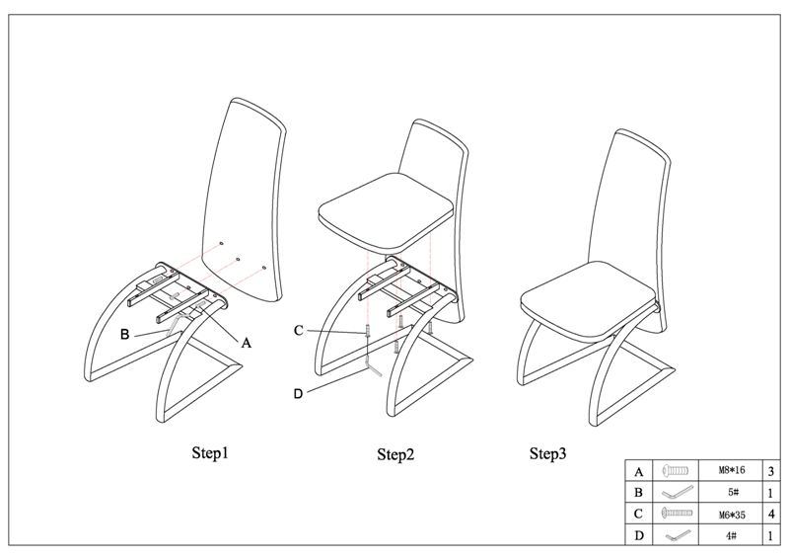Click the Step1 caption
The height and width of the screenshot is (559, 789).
tap(210, 453)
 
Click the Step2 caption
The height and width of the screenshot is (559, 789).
tap(396, 454)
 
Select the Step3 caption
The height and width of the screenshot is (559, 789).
tap(548, 453)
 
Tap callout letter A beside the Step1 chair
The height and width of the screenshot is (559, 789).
tap(246, 344)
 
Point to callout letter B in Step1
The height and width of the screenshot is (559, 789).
tap(125, 334)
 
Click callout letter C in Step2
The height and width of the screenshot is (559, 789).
tap(299, 331)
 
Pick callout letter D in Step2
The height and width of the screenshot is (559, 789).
tap(299, 394)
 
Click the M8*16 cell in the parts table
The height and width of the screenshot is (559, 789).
tap(732, 470)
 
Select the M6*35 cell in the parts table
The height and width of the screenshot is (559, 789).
tap(732, 515)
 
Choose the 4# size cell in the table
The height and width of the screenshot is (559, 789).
tap(732, 536)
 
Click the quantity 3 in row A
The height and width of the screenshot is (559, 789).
tap(771, 471)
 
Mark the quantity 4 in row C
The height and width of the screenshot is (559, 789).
tap(771, 515)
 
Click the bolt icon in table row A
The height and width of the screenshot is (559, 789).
tap(676, 471)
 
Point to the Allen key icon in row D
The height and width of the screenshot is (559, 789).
tap(678, 535)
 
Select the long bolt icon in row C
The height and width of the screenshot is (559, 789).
tap(677, 514)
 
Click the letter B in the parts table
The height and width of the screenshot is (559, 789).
tap(638, 493)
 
